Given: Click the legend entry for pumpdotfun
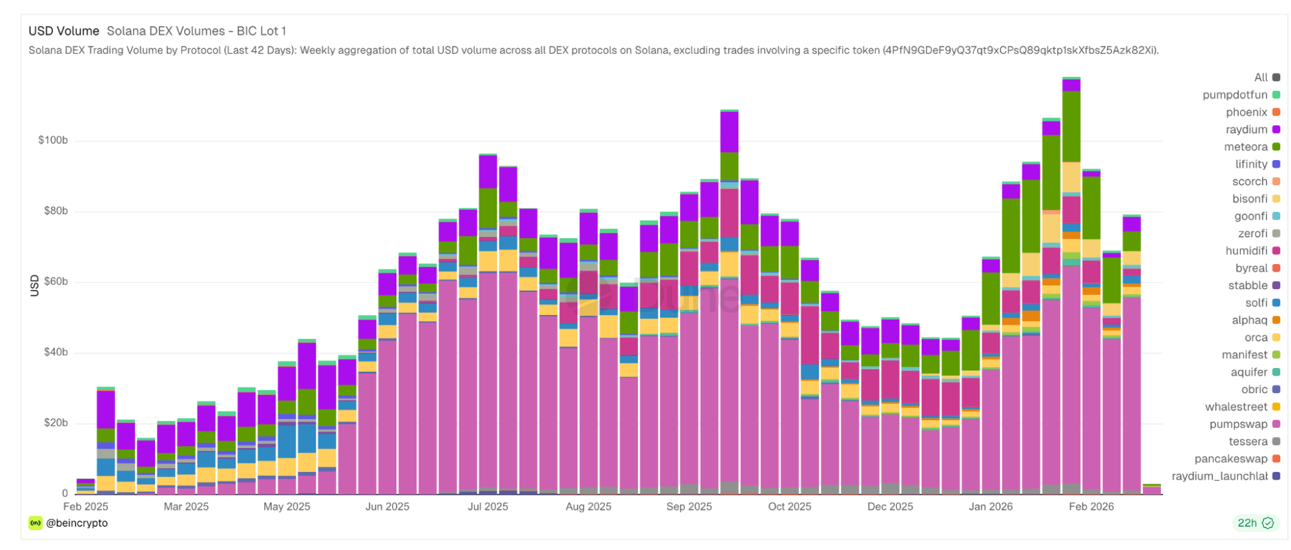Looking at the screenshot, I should [x=1235, y=95].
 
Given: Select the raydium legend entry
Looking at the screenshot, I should [x=1246, y=130].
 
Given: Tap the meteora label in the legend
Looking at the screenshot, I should [x=1245, y=147].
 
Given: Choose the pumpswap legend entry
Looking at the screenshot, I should [x=1238, y=424].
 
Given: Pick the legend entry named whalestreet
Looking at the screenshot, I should [x=1236, y=407].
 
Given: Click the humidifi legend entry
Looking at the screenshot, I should [x=1246, y=250].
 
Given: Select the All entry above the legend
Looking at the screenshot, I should [x=1261, y=77].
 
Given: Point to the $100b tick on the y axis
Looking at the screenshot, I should [x=53, y=140].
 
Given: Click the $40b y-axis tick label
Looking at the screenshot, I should [x=56, y=352].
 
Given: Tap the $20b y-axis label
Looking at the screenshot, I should [x=56, y=423].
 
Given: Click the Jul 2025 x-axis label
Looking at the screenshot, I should [x=488, y=507].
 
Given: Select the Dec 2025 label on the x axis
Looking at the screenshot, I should [x=890, y=507].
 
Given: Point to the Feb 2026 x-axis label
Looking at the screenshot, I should [x=1091, y=507].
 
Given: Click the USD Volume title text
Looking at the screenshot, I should [x=64, y=31].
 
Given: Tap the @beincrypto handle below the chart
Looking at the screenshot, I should [x=76, y=523].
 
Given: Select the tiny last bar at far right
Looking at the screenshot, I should [x=1152, y=489].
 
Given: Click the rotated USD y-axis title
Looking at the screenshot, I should [x=34, y=285].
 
